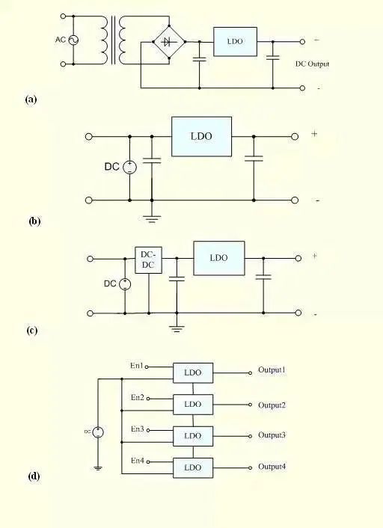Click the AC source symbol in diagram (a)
pyautogui.click(x=73, y=40)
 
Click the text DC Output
pyautogui.click(x=312, y=64)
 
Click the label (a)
pyautogui.click(x=31, y=98)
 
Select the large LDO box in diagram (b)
pyautogui.click(x=201, y=136)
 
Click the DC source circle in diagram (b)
pyautogui.click(x=129, y=167)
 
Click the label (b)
pyautogui.click(x=34, y=221)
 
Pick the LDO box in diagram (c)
pyautogui.click(x=218, y=258)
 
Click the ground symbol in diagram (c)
pyautogui.click(x=177, y=326)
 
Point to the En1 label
pyautogui.click(x=137, y=366)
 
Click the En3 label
pyautogui.click(x=137, y=429)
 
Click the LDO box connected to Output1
pyautogui.click(x=193, y=372)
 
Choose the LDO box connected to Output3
pyautogui.click(x=193, y=435)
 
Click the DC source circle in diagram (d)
pyautogui.click(x=98, y=432)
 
